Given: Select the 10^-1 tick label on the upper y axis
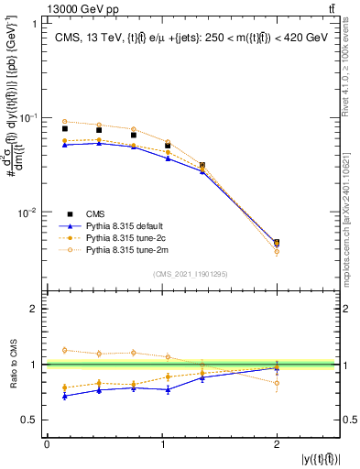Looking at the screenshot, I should pyautogui.click(x=27, y=118).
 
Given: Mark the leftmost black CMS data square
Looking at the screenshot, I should pyautogui.click(x=64, y=129).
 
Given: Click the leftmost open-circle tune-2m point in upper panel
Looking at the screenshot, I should pyautogui.click(x=64, y=121).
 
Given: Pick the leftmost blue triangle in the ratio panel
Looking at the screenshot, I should pyautogui.click(x=64, y=395).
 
